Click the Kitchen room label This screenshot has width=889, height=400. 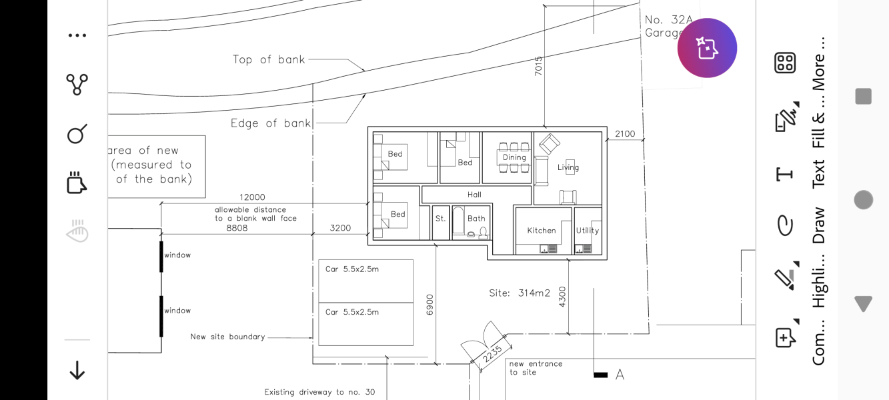(x=542, y=231)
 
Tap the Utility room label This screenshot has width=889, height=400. (x=588, y=231)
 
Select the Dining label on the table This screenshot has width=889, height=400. (x=514, y=157)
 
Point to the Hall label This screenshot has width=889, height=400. (x=474, y=195)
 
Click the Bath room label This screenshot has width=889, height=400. (x=476, y=218)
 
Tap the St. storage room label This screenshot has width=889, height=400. (x=441, y=218)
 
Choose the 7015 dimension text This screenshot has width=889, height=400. (x=538, y=66)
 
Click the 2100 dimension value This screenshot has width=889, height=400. (x=625, y=134)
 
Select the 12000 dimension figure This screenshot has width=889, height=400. (x=252, y=197)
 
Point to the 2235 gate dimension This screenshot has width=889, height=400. (x=493, y=354)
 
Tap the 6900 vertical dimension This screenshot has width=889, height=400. (x=429, y=305)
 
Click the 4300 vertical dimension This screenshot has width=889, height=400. (x=562, y=297)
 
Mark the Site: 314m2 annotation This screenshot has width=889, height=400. (x=520, y=293)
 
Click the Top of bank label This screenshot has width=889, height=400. (x=269, y=59)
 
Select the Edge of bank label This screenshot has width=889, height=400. (x=271, y=123)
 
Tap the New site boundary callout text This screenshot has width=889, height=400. (x=227, y=337)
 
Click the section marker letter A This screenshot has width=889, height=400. (x=620, y=375)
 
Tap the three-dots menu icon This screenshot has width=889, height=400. (x=77, y=35)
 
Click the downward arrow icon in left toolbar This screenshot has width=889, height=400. (x=77, y=370)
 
